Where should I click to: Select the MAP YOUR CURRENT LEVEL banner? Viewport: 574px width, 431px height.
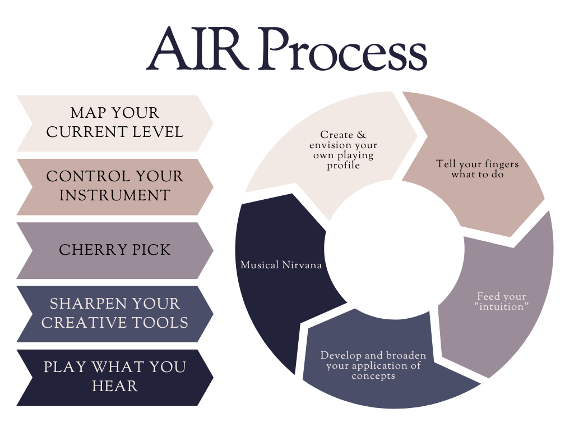[114, 123]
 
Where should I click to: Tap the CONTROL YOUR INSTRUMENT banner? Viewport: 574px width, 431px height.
[114, 186]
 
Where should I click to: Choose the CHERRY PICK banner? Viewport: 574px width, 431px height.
[114, 250]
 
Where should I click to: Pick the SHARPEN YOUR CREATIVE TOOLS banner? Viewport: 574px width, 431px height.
[114, 314]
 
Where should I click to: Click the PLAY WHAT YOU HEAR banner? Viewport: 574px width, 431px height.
[114, 377]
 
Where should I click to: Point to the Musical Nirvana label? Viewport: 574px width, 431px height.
[281, 265]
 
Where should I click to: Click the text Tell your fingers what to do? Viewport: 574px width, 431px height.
[477, 169]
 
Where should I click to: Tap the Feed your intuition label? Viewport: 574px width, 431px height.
[501, 301]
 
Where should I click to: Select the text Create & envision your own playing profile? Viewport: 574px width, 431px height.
[343, 150]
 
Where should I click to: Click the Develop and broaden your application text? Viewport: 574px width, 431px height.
[373, 365]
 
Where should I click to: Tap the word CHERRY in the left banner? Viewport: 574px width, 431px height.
[89, 250]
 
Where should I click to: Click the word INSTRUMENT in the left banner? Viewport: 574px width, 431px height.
[114, 196]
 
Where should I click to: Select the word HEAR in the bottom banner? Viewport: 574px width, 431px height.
[114, 387]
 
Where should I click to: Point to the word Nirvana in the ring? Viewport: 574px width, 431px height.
[302, 265]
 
